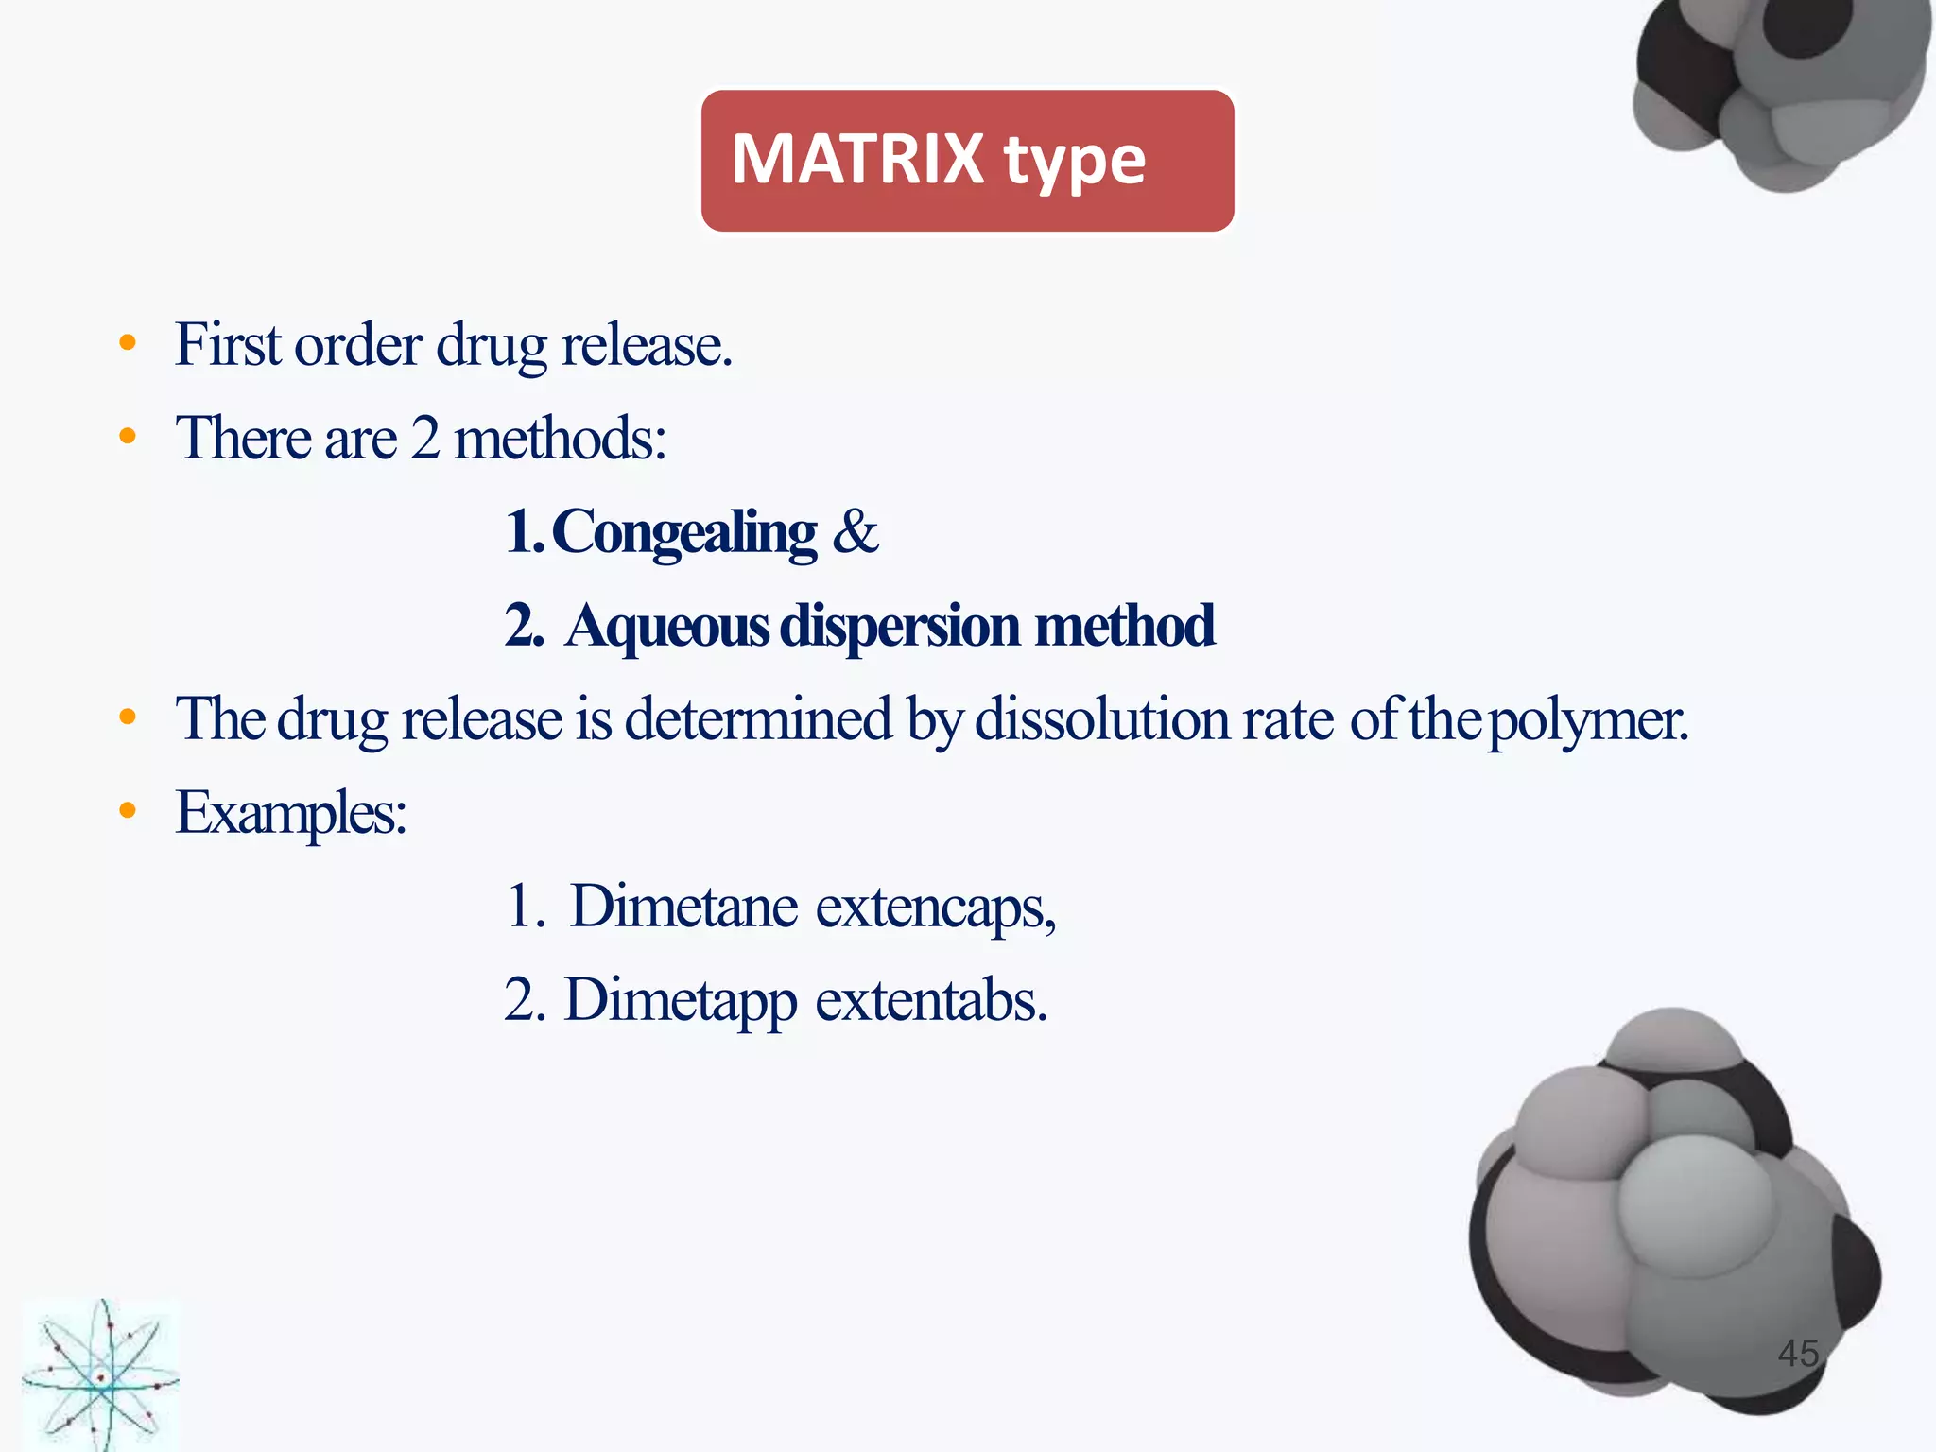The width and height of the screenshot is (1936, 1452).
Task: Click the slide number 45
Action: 1798,1353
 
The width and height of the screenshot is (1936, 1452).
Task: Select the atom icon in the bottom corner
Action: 100,1375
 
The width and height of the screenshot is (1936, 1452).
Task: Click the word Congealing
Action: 683,532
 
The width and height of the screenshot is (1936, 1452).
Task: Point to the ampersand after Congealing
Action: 856,531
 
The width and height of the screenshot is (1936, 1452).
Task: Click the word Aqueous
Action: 667,626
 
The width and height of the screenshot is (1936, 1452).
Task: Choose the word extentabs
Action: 931,1000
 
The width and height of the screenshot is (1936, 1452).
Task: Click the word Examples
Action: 291,813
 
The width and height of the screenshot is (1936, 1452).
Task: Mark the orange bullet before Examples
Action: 128,810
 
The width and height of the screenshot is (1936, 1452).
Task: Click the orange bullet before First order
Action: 128,342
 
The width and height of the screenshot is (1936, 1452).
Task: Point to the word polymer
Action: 1587,720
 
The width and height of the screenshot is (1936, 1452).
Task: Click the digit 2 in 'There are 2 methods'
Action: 425,438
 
